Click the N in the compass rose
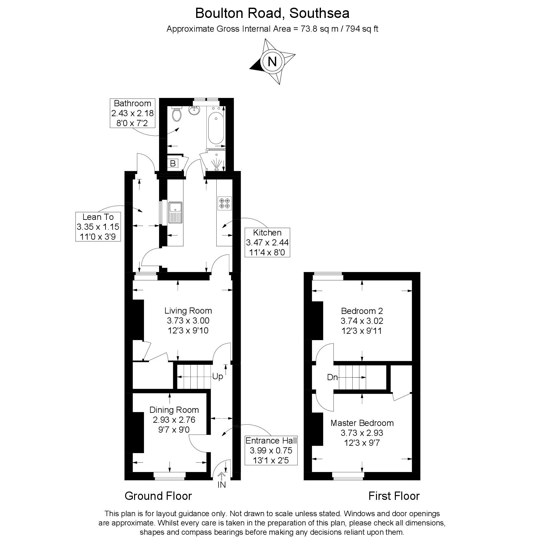click(272, 61)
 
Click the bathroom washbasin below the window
click(194, 110)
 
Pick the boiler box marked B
click(173, 164)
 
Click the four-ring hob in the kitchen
click(224, 203)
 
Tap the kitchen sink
click(176, 212)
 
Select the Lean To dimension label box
click(98, 227)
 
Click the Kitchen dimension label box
click(267, 242)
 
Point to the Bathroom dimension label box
click(132, 113)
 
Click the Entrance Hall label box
click(271, 450)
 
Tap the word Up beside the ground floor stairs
click(217, 377)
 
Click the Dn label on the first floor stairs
click(332, 378)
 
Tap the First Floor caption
click(394, 496)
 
